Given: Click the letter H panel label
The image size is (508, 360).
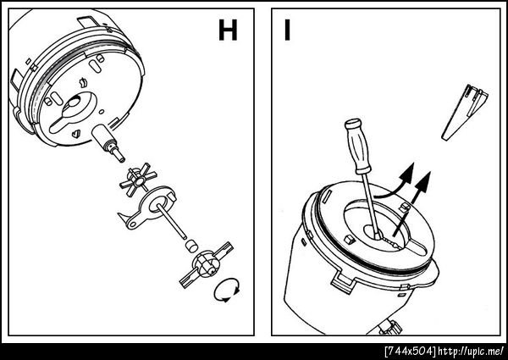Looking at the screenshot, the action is point(228,30).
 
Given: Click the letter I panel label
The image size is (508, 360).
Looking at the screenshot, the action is point(287,30).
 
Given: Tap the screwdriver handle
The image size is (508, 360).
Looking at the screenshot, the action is point(357,146).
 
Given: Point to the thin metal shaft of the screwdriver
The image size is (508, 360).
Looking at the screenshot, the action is point(370,205).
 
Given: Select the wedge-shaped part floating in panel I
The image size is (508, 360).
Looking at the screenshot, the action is point(464,112).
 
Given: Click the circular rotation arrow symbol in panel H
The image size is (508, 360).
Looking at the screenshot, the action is point(227,290).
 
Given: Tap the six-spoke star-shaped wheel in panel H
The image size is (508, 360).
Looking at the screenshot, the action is point(138,180).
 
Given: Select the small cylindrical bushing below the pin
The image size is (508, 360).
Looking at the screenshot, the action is point(191,246).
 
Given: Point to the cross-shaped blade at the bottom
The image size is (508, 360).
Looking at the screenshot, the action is point(207,265).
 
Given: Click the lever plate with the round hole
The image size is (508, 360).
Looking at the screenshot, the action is point(148,208).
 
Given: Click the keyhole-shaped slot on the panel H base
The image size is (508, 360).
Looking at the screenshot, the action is point(74,111).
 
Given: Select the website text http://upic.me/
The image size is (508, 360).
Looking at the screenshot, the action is point(471,352).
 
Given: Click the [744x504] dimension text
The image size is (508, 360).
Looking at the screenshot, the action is point(410,352).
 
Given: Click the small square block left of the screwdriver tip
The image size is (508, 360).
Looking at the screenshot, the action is point(349,240).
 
